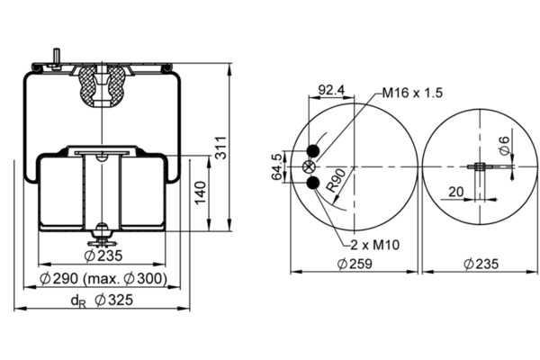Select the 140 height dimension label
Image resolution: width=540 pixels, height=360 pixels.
pos(201,193)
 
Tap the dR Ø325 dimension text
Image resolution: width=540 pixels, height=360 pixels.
pos(102,301)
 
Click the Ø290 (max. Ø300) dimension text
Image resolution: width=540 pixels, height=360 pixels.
pos(103,278)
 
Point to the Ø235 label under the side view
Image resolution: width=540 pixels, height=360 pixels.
pos(103,256)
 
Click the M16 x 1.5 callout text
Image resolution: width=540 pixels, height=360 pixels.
pos(412,93)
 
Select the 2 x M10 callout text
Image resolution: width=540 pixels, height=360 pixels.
pos(375,245)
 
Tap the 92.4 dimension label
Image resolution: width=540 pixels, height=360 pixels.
pos(331,90)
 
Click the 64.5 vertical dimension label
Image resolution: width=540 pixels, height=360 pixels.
pos(277,166)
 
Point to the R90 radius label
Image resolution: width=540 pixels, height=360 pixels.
pos(336,181)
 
